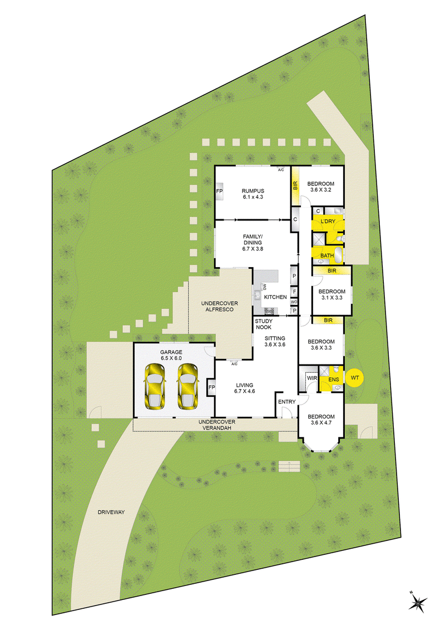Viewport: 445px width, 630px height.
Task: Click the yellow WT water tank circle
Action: click(x=355, y=378)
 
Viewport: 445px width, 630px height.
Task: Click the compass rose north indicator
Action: click(x=418, y=602)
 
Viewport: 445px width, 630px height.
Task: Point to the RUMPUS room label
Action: click(x=253, y=191)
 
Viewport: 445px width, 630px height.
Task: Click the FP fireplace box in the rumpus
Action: click(x=219, y=191)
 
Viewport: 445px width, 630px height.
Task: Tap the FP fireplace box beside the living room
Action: click(x=211, y=387)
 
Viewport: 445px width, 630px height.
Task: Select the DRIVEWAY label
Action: click(x=111, y=512)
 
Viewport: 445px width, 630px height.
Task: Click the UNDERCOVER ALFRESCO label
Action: click(x=219, y=306)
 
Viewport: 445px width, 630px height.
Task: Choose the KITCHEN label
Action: click(x=275, y=297)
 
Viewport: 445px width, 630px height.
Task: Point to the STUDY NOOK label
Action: click(x=264, y=324)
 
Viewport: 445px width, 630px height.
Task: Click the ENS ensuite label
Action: click(x=333, y=380)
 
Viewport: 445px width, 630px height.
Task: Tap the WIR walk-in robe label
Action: click(x=311, y=378)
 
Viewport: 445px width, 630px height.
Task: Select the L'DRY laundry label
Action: click(x=328, y=222)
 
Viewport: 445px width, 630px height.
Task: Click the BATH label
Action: click(x=327, y=255)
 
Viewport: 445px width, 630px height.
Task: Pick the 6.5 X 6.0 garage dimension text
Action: click(x=171, y=358)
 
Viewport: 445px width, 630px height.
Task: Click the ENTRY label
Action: click(x=287, y=402)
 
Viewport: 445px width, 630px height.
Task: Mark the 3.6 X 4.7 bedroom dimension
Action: click(x=322, y=422)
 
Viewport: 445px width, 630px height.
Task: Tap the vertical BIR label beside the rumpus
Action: click(x=295, y=185)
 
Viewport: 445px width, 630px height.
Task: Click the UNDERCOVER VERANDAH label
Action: click(x=217, y=425)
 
